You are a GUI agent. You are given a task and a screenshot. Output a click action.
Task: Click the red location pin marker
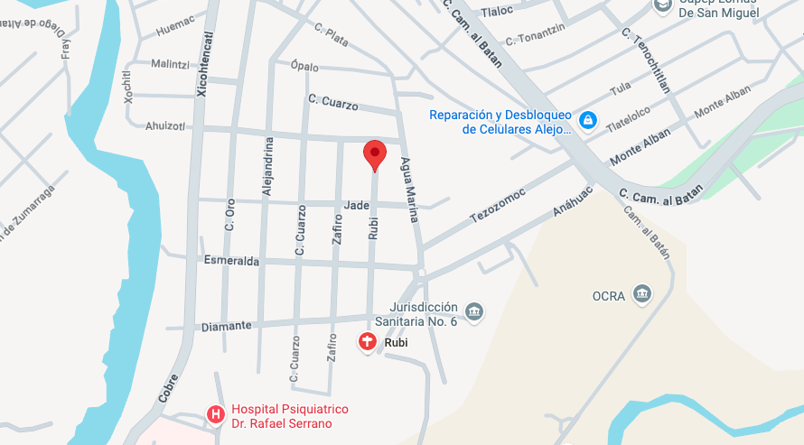pos(375,154)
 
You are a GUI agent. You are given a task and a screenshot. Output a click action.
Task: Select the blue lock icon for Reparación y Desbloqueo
pos(588,120)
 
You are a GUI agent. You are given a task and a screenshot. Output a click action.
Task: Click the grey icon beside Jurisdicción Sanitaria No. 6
pos(474,312)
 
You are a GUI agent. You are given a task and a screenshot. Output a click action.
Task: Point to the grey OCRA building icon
pos(642,294)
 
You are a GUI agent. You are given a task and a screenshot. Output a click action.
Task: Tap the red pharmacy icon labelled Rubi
pos(368,343)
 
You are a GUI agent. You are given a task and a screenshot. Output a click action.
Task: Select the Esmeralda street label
pos(231,261)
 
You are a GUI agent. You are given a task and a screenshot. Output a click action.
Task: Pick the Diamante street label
pos(226,326)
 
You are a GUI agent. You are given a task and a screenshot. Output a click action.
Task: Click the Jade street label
pos(357,205)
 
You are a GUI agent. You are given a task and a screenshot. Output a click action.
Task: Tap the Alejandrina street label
pos(267,167)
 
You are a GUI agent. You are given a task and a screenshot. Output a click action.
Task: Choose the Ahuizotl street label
pos(164,126)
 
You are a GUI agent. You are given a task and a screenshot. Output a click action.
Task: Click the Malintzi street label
pos(170,64)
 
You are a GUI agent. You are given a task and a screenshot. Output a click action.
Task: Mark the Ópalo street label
pos(305,66)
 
